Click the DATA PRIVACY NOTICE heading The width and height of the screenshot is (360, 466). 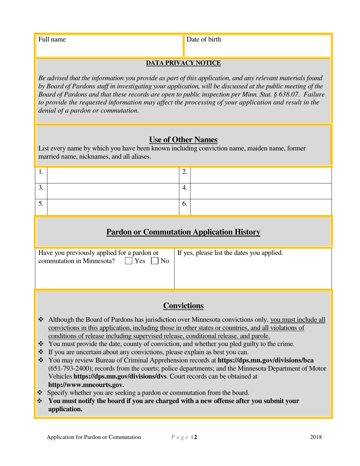183,63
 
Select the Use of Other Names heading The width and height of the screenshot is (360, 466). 183,139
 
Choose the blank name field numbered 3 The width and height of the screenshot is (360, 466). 112,191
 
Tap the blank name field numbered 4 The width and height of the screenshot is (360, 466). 261,191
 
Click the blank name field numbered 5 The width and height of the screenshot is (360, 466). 112,207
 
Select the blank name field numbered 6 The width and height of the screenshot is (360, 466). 261,207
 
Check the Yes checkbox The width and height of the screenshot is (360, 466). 128,261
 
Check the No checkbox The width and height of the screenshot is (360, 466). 155,261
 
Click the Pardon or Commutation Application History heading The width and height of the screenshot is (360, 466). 183,232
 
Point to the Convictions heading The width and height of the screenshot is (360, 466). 183,306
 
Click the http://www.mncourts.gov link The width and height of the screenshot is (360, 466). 86,385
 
